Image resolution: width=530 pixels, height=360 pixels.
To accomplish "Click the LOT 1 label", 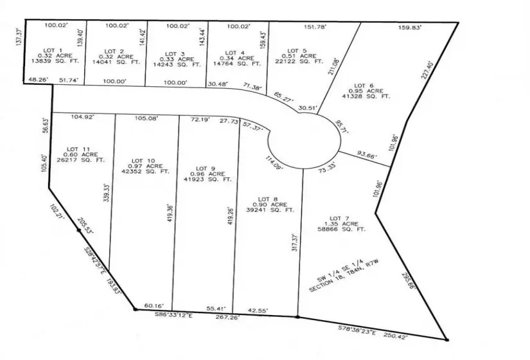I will tap(51, 50).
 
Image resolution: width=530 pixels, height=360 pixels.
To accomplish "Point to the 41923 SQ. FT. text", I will tap(210, 179).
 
